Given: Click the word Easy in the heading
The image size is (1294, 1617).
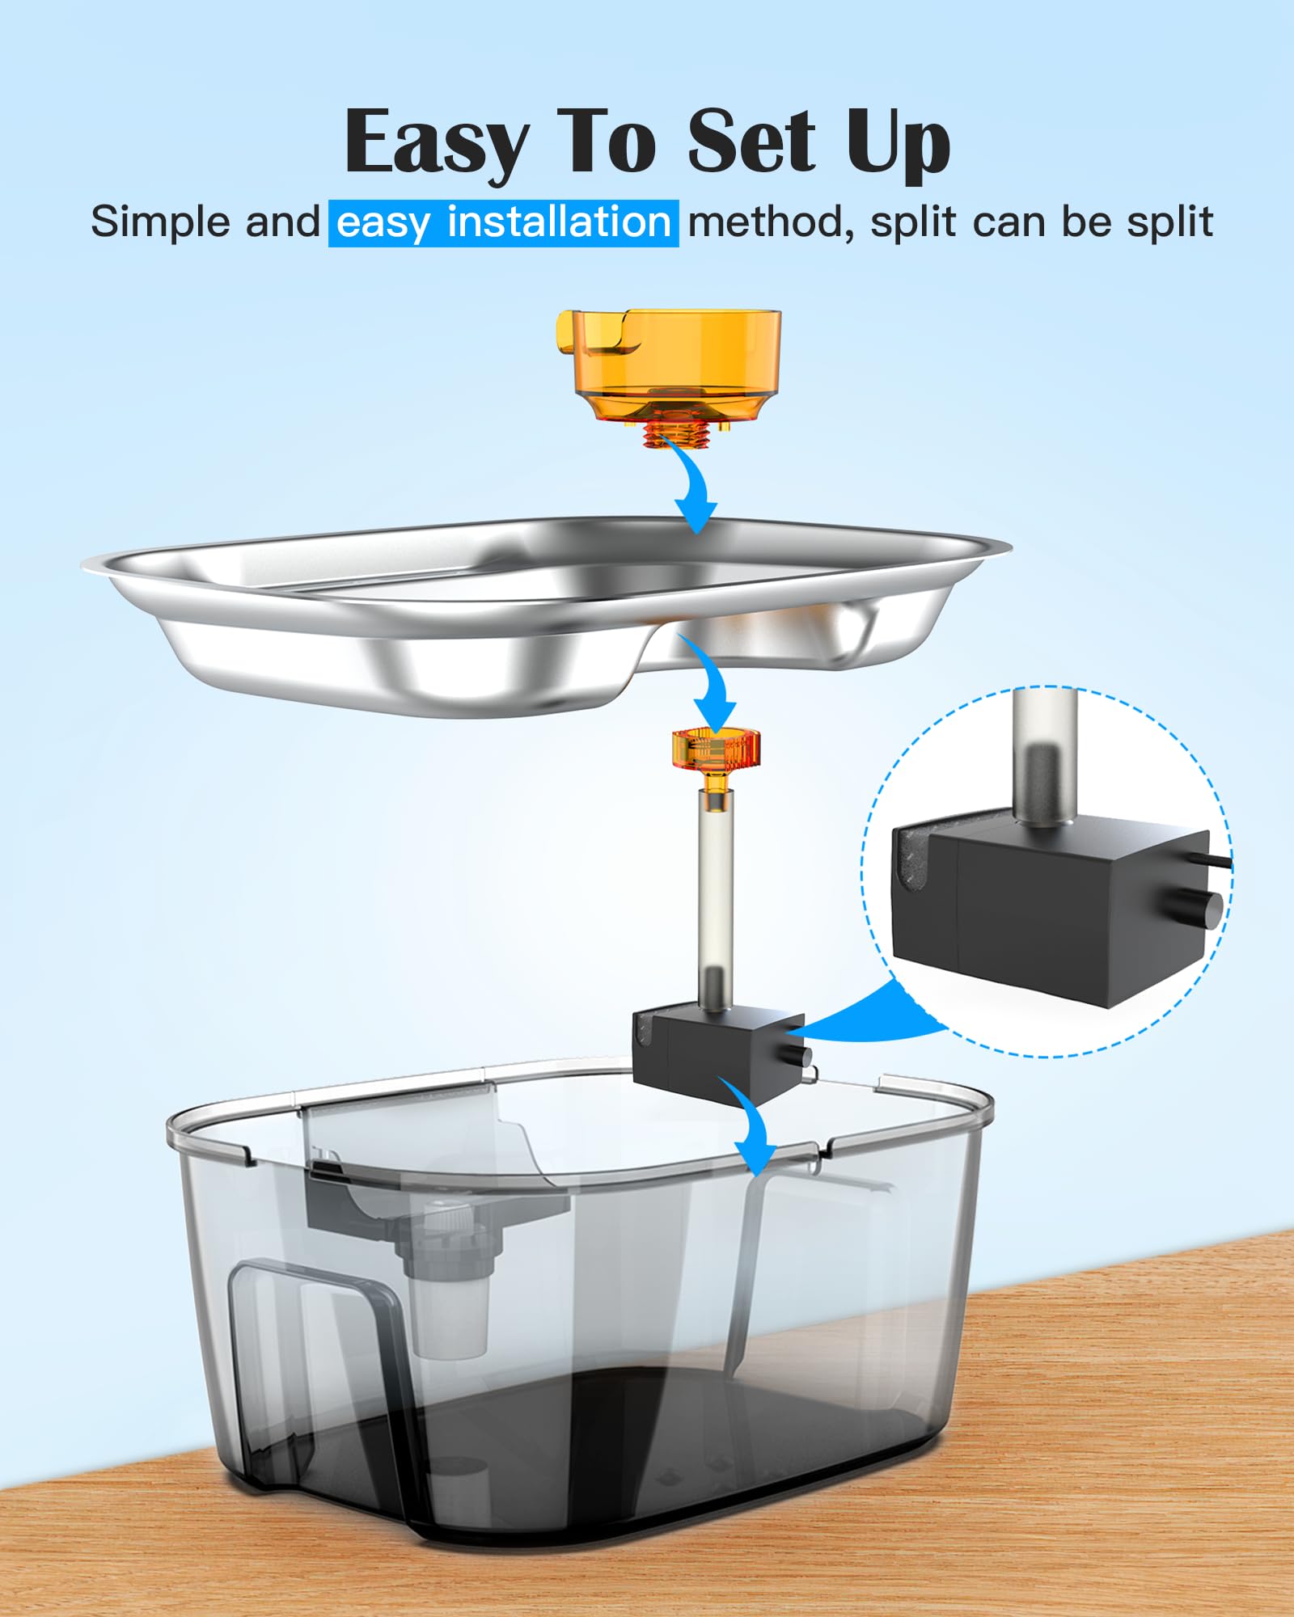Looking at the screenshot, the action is tap(435, 143).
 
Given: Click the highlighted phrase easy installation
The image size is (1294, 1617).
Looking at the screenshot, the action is tap(503, 222).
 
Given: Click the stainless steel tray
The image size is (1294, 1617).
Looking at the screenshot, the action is tap(547, 614).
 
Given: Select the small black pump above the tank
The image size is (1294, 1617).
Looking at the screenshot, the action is tap(718, 1052).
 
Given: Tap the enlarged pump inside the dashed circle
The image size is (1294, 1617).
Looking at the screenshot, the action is tap(1051, 906).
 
